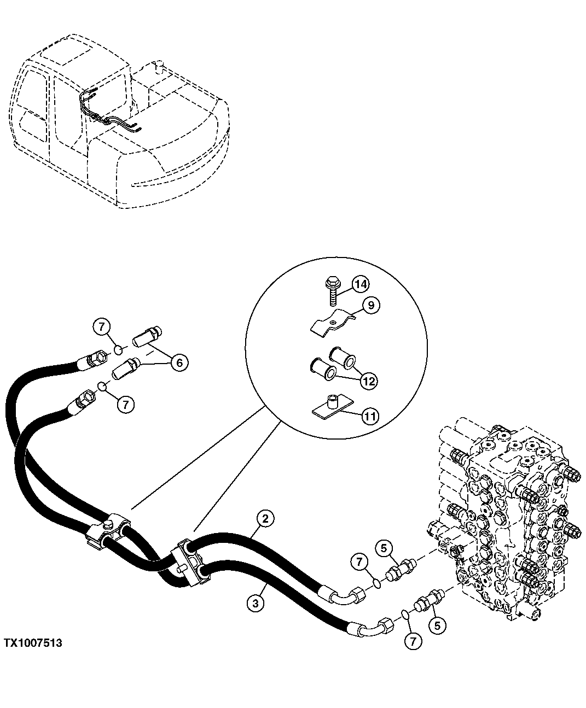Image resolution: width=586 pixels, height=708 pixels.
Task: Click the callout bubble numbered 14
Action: click(x=360, y=284)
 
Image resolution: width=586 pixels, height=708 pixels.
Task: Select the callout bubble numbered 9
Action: click(x=370, y=305)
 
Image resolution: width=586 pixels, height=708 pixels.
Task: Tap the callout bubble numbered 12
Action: click(x=369, y=381)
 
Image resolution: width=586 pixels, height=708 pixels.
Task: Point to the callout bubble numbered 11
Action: click(x=370, y=416)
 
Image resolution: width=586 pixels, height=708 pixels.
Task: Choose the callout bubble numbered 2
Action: click(x=264, y=518)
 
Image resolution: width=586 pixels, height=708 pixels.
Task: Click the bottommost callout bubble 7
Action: click(x=413, y=640)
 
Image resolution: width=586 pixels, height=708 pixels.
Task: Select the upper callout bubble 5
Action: click(x=384, y=547)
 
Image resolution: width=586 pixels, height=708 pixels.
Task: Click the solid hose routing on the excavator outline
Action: click(x=109, y=115)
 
